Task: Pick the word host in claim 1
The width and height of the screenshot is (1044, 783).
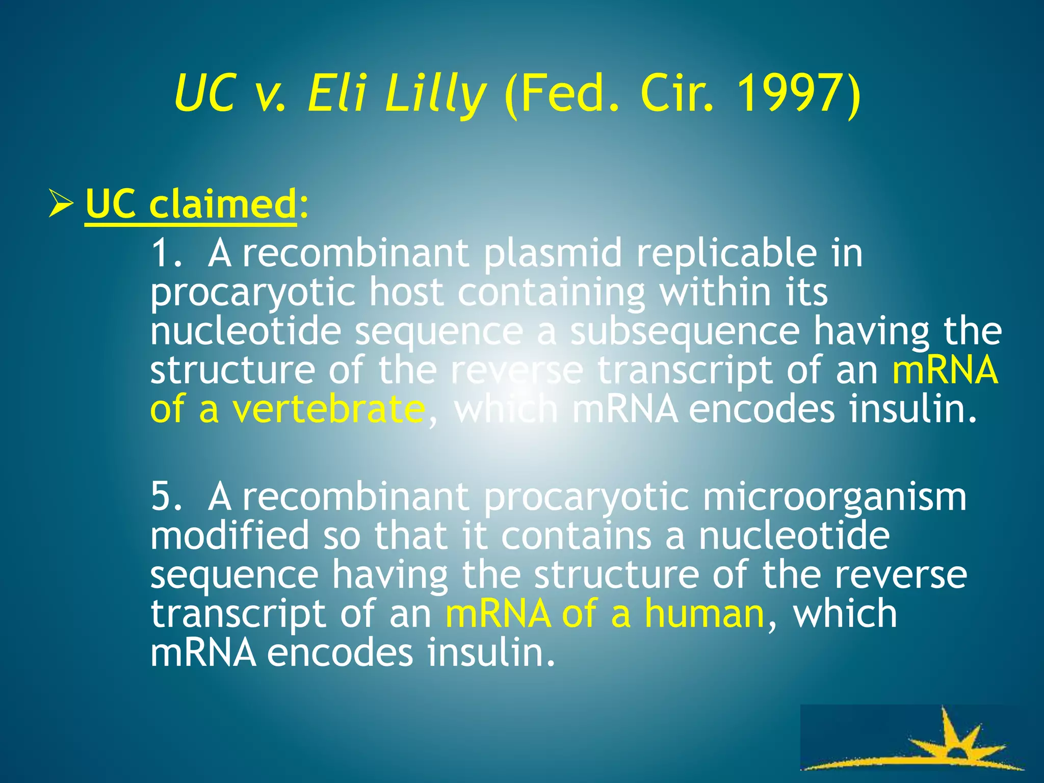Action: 406,292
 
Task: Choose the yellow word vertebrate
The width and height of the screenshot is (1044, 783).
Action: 328,409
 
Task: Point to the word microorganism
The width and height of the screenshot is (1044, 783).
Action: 834,497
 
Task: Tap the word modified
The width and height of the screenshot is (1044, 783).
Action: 230,535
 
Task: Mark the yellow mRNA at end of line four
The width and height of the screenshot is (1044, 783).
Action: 945,370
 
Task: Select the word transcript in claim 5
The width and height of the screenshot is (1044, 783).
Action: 238,614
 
